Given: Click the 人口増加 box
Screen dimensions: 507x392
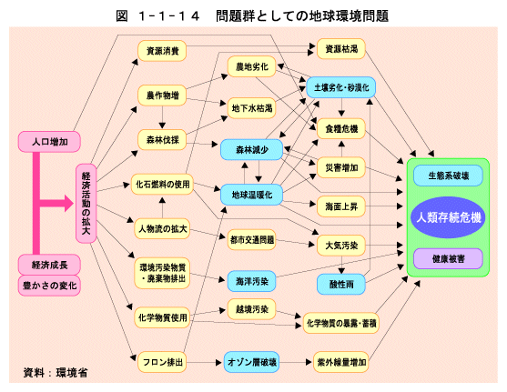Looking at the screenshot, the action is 49,142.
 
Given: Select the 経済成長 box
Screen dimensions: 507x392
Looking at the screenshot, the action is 49,265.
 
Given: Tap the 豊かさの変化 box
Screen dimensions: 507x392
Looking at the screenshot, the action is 49,286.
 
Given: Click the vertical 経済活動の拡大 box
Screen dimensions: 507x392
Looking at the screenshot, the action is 86,204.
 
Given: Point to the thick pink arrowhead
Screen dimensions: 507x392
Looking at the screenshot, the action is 69,203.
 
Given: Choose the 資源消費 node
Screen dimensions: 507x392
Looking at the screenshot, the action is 162,51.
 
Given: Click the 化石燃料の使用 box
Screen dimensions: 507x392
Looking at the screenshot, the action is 162,185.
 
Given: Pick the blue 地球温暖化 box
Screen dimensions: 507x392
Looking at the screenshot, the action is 252,195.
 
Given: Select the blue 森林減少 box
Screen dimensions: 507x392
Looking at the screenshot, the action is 252,150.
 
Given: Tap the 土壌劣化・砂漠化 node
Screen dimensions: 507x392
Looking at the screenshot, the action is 341,87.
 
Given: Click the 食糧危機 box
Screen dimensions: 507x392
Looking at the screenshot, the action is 341,128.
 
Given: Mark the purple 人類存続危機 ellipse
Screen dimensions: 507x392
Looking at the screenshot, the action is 448,217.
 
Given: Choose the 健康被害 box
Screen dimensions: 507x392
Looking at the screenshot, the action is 448,258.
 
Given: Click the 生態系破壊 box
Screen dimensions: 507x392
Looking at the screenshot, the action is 448,176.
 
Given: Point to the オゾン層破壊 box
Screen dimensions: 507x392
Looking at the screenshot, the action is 252,362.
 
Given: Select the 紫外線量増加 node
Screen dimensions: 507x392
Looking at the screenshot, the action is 341,362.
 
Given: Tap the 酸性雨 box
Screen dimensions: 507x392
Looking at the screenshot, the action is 341,285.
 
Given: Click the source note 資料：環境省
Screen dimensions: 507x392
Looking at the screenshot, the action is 56,373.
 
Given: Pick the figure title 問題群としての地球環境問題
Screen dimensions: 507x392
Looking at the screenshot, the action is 302,15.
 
